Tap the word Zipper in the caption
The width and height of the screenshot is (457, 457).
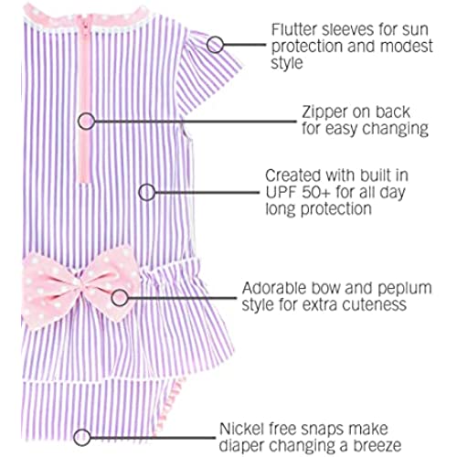pyautogui.click(x=325, y=113)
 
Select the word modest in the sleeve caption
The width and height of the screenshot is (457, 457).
pyautogui.click(x=407, y=46)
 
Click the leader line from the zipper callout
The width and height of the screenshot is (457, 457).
pyautogui.click(x=196, y=122)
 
